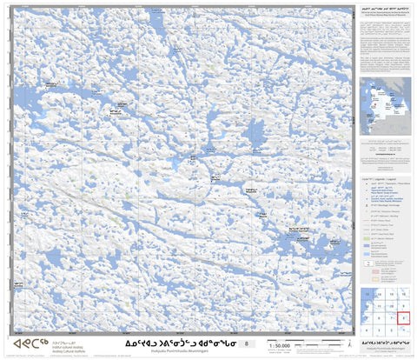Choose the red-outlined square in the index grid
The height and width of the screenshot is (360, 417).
404,319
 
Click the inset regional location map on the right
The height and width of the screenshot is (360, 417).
386,104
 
